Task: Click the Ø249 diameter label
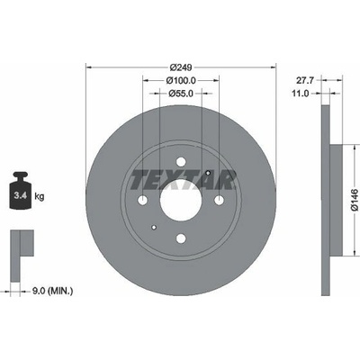(x=181, y=67)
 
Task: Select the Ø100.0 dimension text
(x=181, y=80)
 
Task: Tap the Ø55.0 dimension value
(x=181, y=94)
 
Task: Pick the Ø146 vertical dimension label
(x=355, y=200)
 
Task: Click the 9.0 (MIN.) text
(x=52, y=291)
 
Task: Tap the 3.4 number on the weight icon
(x=21, y=196)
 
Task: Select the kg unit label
(x=40, y=197)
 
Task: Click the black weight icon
(x=21, y=190)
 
